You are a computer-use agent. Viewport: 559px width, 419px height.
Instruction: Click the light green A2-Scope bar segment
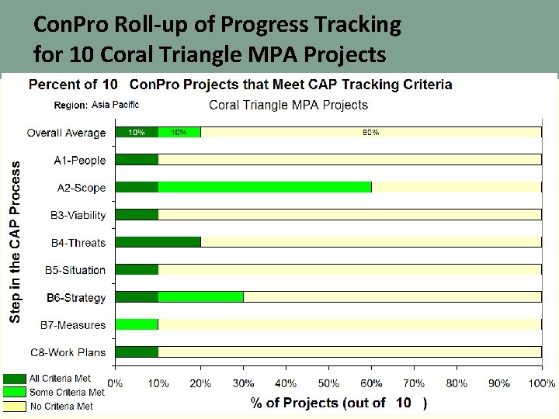[265, 187]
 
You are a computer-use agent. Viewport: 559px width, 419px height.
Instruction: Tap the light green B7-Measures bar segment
[137, 324]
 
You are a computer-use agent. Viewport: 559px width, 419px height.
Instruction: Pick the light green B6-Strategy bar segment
[200, 297]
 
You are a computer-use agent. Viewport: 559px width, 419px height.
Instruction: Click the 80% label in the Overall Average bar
[371, 133]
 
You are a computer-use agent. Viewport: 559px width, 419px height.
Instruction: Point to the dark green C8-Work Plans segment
[137, 351]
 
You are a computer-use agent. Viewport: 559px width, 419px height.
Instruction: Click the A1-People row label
[79, 160]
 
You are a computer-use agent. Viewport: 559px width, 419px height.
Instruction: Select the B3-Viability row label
[78, 215]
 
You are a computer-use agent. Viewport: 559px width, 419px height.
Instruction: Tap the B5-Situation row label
[78, 270]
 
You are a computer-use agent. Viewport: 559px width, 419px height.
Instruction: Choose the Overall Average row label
[66, 133]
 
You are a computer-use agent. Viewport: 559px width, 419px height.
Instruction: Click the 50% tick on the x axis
[328, 383]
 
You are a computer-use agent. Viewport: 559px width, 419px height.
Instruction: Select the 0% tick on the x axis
[115, 383]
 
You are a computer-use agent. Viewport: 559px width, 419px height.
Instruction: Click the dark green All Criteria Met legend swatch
[15, 379]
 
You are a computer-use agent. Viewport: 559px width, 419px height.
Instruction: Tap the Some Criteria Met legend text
[67, 393]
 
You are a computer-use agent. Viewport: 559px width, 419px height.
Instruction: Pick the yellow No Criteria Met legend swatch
[15, 406]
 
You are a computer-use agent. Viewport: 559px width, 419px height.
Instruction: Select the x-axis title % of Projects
[318, 402]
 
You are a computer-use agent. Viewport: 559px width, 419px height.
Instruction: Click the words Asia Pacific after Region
[115, 105]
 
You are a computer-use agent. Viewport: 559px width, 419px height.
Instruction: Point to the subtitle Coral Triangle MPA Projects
[289, 105]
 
